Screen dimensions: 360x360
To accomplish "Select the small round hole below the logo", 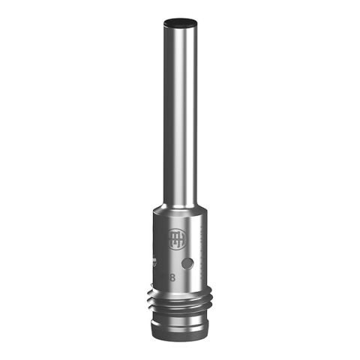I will click(188, 263).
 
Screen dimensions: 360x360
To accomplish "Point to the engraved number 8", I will click(173, 278).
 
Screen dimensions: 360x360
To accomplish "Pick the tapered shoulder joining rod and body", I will click(180, 205).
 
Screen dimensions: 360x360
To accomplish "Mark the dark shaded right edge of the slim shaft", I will click(196, 112).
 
